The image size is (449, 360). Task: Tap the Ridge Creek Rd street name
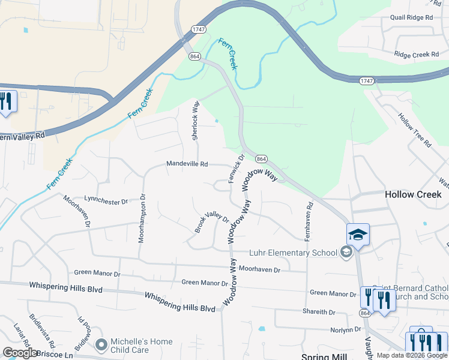417,55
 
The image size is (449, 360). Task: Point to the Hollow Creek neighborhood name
413,194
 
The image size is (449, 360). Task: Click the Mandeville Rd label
187,164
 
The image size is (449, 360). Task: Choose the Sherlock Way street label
195,120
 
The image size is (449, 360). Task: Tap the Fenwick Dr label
236,169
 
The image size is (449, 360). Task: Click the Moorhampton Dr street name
142,217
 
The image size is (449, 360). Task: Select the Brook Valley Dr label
211,223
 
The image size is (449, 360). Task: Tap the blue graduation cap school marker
358,235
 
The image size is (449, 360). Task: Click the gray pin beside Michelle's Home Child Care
101,346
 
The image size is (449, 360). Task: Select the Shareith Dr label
319,312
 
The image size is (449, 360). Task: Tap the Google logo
20,353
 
